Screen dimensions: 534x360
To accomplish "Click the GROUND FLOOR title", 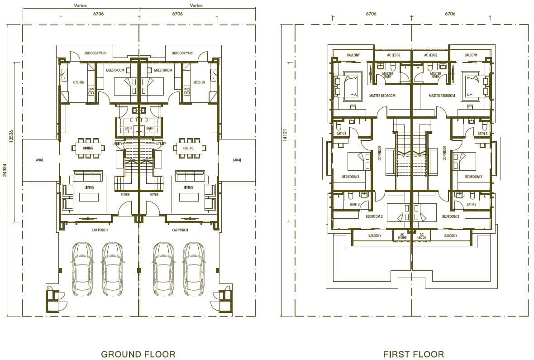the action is (x=138, y=354).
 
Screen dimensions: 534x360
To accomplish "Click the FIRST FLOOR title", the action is (x=414, y=354).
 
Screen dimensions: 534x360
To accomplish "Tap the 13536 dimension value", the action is (x=11, y=136).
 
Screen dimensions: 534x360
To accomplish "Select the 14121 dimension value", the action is (x=285, y=134).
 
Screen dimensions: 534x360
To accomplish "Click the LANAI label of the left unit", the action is (x=39, y=160).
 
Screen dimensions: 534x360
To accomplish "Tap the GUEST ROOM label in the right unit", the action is (x=163, y=70).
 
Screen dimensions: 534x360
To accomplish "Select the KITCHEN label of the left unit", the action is (x=78, y=82).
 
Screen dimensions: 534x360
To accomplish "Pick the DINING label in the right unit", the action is (x=188, y=148).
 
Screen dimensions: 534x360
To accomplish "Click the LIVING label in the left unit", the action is (x=89, y=187).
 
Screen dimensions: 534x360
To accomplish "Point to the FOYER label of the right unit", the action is (x=154, y=195).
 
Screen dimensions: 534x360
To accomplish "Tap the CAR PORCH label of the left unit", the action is (x=100, y=230).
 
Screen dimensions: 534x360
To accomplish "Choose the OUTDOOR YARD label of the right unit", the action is (x=182, y=53).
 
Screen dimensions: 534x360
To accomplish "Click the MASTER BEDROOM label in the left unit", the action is (x=382, y=96).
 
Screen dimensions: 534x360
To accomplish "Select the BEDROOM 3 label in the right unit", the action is (x=474, y=177).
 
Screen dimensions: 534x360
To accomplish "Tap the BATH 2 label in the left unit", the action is (x=355, y=204).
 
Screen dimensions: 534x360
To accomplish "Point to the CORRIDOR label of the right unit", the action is (x=444, y=153).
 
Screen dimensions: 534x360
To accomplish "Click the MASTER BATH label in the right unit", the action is (x=436, y=75).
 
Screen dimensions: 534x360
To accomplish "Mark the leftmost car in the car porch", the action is (x=82, y=269).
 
